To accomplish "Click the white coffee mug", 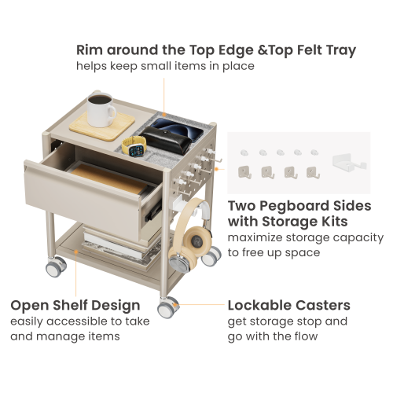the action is (101, 110).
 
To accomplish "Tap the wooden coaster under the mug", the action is (102, 127).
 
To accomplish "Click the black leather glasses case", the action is (166, 140).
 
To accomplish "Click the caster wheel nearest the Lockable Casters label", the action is (168, 307).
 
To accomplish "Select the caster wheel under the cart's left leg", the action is (56, 266).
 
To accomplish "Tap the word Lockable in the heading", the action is (259, 305).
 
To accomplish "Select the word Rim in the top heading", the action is (90, 50).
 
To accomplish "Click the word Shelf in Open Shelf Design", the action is (70, 305).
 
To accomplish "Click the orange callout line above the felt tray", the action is (164, 97).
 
